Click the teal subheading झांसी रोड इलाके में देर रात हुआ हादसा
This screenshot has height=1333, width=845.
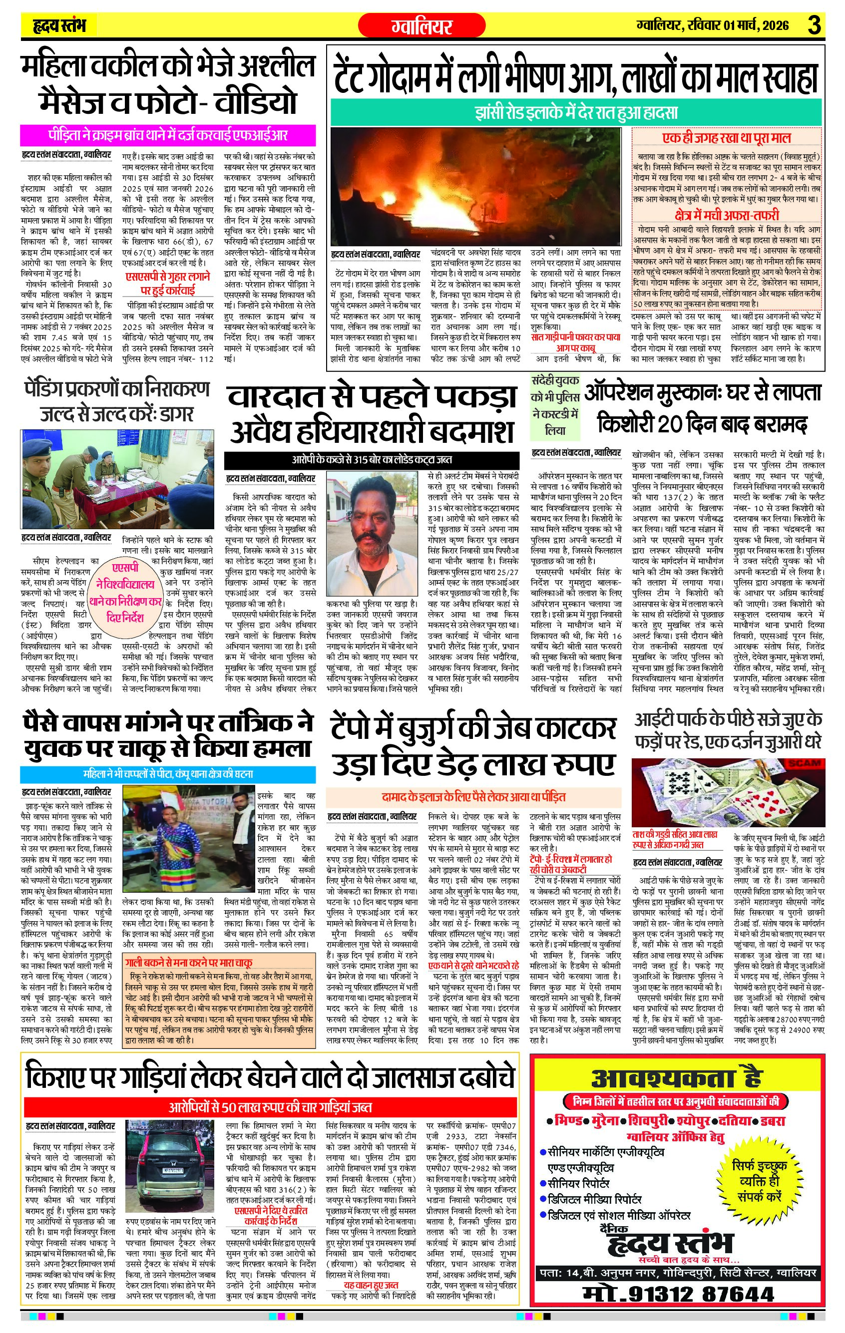point(576,113)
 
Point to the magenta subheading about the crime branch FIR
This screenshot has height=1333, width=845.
point(168,135)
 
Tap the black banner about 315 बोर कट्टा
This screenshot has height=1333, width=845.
point(372,459)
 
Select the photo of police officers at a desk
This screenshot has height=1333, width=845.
point(117,479)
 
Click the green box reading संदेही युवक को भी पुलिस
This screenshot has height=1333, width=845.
point(555,405)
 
